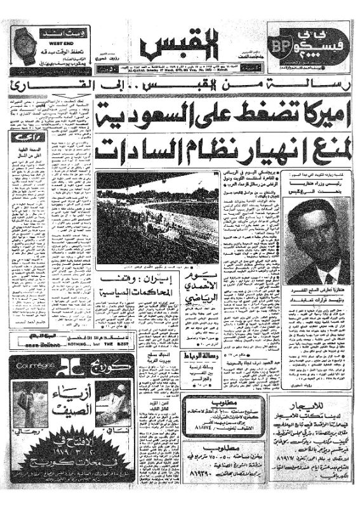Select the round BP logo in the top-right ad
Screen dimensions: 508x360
pyautogui.click(x=280, y=44)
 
